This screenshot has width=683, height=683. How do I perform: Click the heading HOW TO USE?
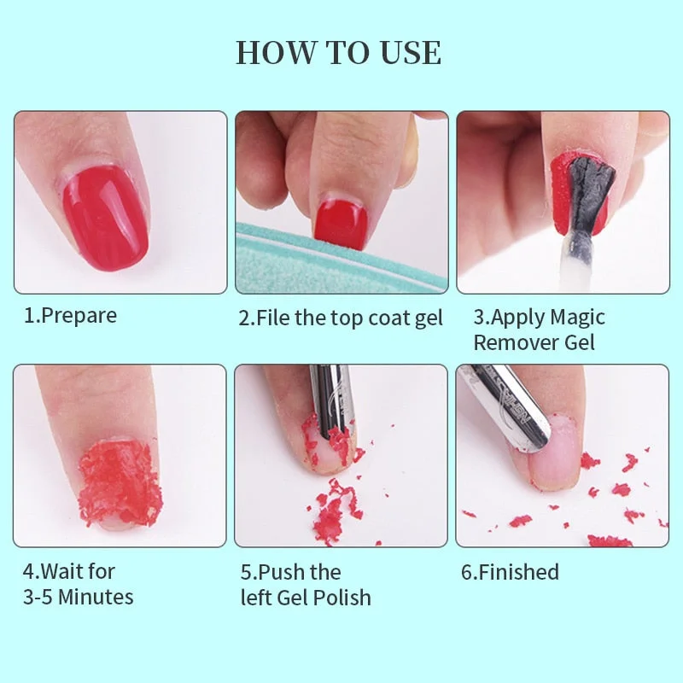pos(339,53)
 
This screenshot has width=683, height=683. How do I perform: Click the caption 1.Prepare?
pos(70,316)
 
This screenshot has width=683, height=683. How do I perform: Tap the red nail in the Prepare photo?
pos(105,217)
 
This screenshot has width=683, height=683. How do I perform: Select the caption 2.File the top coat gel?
pos(341,318)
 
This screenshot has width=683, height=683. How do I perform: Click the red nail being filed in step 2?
pos(340,219)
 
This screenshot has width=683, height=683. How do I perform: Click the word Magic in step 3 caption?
pos(577,318)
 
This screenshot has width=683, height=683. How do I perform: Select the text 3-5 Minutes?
pos(78,597)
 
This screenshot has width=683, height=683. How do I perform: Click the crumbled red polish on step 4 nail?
pos(120,482)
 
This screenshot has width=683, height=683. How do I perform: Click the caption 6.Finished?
pos(510,572)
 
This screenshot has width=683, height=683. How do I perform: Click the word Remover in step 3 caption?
pos(510,343)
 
